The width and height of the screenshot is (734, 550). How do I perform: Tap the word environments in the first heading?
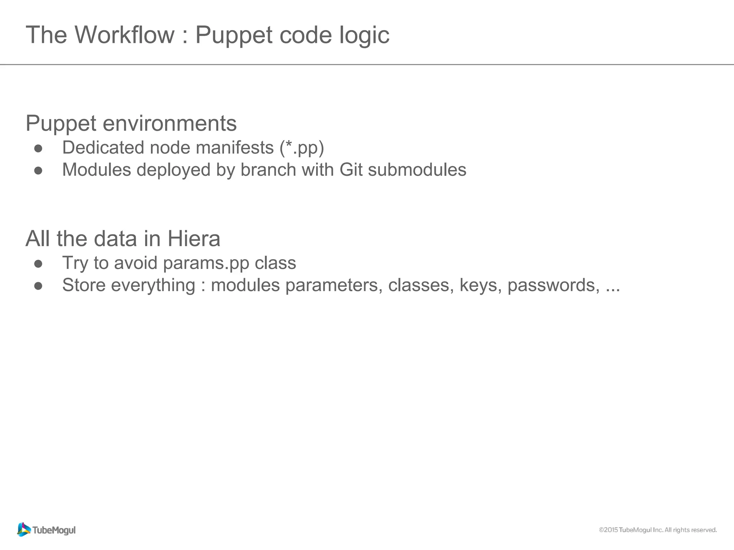(x=170, y=123)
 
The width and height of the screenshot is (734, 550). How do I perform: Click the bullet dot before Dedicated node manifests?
(x=38, y=149)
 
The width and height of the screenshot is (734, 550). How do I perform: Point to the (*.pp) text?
(x=302, y=148)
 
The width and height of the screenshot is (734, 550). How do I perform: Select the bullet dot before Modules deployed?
(x=38, y=171)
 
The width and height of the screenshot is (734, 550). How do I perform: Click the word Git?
(x=351, y=170)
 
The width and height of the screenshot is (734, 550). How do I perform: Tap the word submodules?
(x=417, y=170)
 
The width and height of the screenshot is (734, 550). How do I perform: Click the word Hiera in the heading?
(x=194, y=239)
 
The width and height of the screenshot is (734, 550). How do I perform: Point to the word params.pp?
(x=206, y=264)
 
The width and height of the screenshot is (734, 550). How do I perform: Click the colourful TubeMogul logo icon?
(x=24, y=530)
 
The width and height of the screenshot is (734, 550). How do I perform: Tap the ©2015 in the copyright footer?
(x=608, y=530)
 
